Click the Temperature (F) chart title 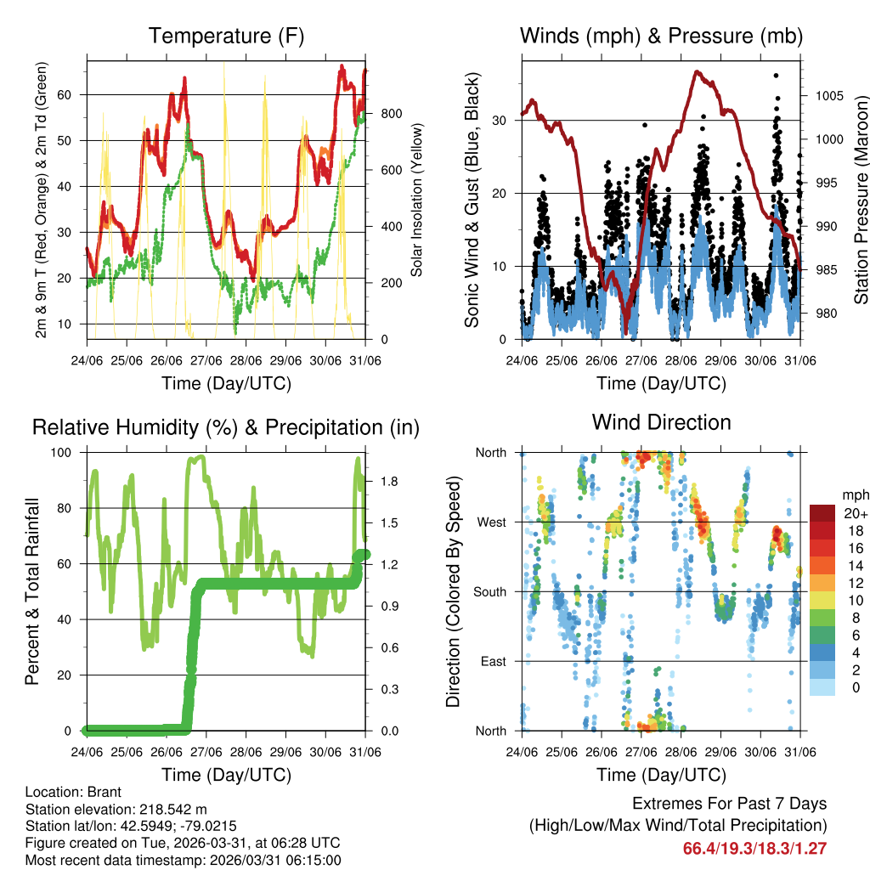(x=225, y=36)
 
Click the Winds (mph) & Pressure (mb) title (x=661, y=36)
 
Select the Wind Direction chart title (x=661, y=421)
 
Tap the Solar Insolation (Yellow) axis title (x=416, y=200)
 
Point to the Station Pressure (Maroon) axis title (x=861, y=200)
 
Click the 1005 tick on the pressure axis (x=828, y=95)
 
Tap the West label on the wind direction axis (x=491, y=522)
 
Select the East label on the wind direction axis (x=493, y=661)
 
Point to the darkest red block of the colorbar (x=822, y=513)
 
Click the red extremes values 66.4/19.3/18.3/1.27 (x=754, y=848)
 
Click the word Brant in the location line (x=105, y=792)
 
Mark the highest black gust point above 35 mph (x=776, y=75)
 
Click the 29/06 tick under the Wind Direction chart (x=720, y=751)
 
